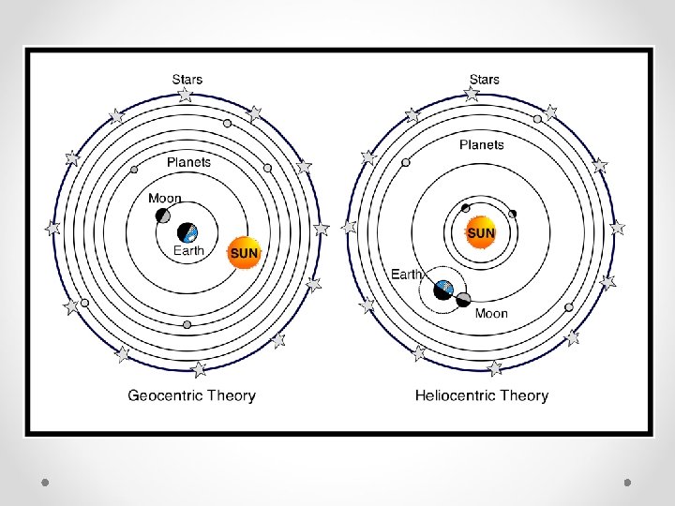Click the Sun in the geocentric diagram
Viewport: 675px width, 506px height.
(244, 253)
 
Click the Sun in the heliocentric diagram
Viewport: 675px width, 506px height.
(481, 232)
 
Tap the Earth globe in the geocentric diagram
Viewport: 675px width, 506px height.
(188, 231)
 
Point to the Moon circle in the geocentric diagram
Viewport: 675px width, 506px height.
(164, 216)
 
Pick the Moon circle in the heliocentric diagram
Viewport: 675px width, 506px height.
(463, 300)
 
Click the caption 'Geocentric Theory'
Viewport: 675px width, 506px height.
(191, 395)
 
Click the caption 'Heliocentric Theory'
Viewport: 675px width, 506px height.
(482, 395)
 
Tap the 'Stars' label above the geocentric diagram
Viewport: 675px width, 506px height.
(187, 80)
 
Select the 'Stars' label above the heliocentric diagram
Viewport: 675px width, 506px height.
(484, 80)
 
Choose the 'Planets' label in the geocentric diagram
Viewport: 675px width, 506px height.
(188, 162)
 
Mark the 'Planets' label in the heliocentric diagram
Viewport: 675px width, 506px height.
(482, 144)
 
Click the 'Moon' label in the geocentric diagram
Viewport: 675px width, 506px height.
(165, 199)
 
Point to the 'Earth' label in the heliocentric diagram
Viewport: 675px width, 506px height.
(407, 275)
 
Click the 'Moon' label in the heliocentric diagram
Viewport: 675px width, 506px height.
(491, 313)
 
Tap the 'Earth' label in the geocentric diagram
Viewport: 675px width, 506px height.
(188, 251)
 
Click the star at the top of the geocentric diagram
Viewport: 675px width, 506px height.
(186, 95)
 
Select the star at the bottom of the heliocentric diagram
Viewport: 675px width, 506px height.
(495, 368)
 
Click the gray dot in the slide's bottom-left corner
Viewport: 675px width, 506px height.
(45, 482)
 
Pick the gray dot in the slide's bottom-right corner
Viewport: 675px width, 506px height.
(628, 482)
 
